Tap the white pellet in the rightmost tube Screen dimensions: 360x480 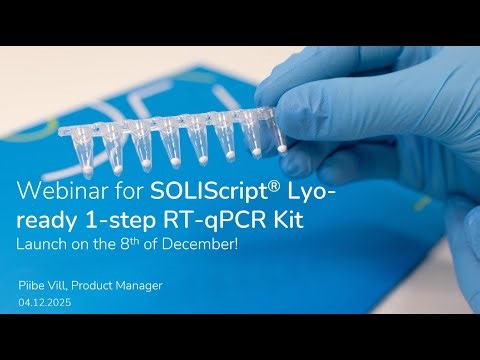tap(282, 147)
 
